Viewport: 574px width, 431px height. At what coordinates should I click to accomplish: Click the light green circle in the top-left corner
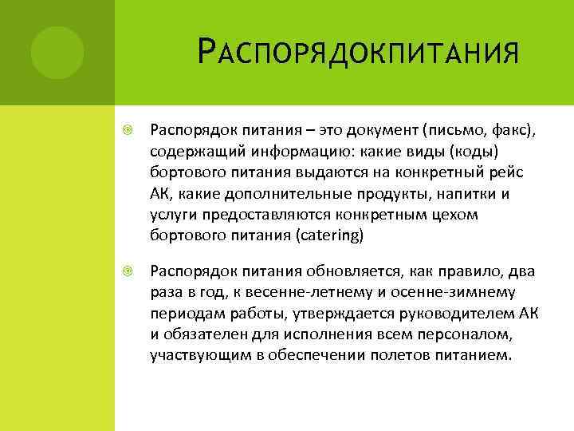point(57,53)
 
